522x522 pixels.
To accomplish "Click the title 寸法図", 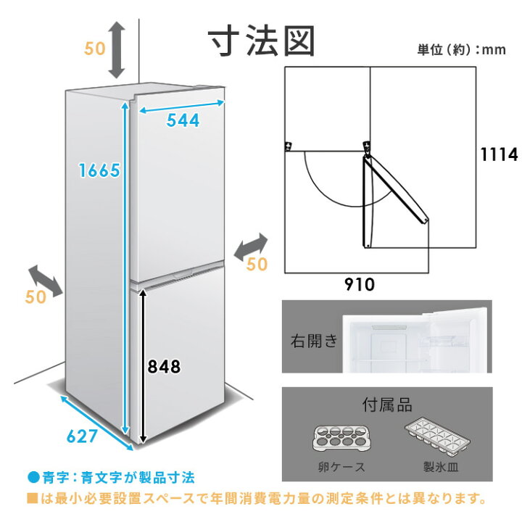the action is (261, 41).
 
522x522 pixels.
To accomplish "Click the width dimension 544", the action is (183, 120).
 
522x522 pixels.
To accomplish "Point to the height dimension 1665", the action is (99, 170).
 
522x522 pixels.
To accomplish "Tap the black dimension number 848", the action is (164, 367).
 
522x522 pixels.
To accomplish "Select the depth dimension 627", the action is (82, 436).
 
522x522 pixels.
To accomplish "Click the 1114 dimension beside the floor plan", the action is (499, 154).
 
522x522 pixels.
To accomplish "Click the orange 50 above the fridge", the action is (94, 49).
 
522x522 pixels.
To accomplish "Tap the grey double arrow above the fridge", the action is (116, 50).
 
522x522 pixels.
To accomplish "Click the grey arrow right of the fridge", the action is (251, 247).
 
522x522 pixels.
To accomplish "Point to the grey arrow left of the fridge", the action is (45, 283).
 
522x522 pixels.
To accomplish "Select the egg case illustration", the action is (341, 439).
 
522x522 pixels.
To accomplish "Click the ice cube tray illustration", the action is (437, 435).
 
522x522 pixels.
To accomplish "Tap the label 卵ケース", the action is (341, 467).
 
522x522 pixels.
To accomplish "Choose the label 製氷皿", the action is (441, 466).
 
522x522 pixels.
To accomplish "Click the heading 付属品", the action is (387, 405).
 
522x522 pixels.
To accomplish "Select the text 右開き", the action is (314, 341).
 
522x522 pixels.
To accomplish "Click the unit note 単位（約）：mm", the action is (461, 49).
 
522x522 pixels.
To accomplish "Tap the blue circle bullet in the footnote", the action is (33, 477).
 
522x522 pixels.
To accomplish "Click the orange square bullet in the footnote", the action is (33, 498).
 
